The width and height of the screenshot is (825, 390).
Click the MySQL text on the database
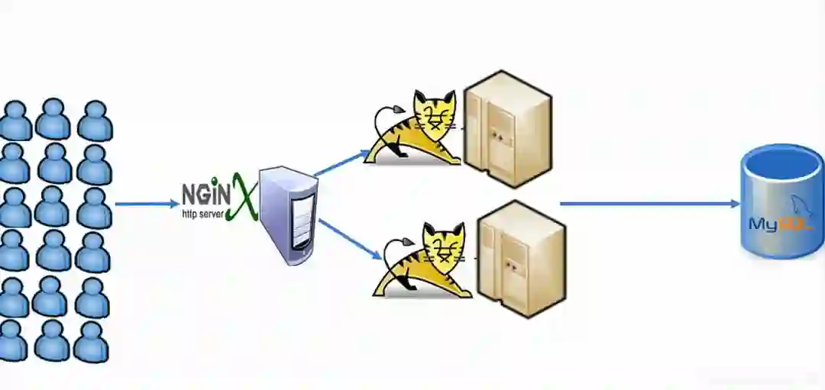[774, 224]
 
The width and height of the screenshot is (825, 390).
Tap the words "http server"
[202, 214]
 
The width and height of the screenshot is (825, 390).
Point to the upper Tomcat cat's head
[434, 114]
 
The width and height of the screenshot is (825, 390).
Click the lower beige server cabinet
[521, 257]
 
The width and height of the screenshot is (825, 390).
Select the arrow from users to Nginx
[145, 204]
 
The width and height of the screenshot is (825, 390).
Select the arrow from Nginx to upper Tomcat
[343, 162]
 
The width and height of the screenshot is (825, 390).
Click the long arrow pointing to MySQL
[649, 204]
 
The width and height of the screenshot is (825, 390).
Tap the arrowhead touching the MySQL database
[735, 204]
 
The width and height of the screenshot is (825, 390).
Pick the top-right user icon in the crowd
[95, 121]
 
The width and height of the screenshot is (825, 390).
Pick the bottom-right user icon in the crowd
[91, 341]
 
